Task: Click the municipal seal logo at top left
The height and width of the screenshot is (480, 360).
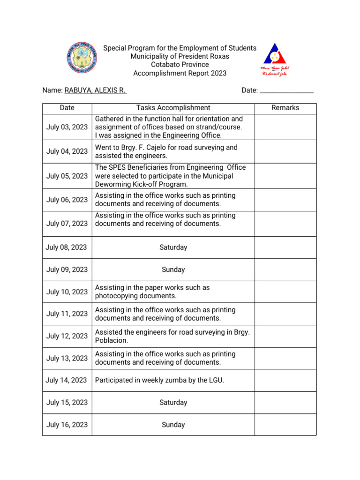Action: [x=82, y=59]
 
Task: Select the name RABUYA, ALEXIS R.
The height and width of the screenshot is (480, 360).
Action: [x=95, y=90]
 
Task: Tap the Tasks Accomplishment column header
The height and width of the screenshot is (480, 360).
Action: [x=173, y=108]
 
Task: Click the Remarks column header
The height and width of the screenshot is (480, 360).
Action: [x=285, y=108]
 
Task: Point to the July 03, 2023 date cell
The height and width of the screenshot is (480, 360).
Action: [x=67, y=127]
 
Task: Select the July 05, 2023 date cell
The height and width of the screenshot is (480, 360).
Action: [x=67, y=176]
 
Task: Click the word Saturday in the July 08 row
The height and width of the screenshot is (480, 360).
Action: [x=173, y=247]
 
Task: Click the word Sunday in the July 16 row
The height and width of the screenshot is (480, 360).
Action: [x=173, y=425]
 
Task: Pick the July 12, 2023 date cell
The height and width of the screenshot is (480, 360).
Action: [x=67, y=336]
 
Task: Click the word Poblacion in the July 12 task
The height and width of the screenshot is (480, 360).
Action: [x=112, y=340]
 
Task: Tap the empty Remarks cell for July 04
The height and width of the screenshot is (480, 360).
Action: [x=285, y=151]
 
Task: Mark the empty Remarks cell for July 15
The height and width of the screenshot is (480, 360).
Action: [x=285, y=403]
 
